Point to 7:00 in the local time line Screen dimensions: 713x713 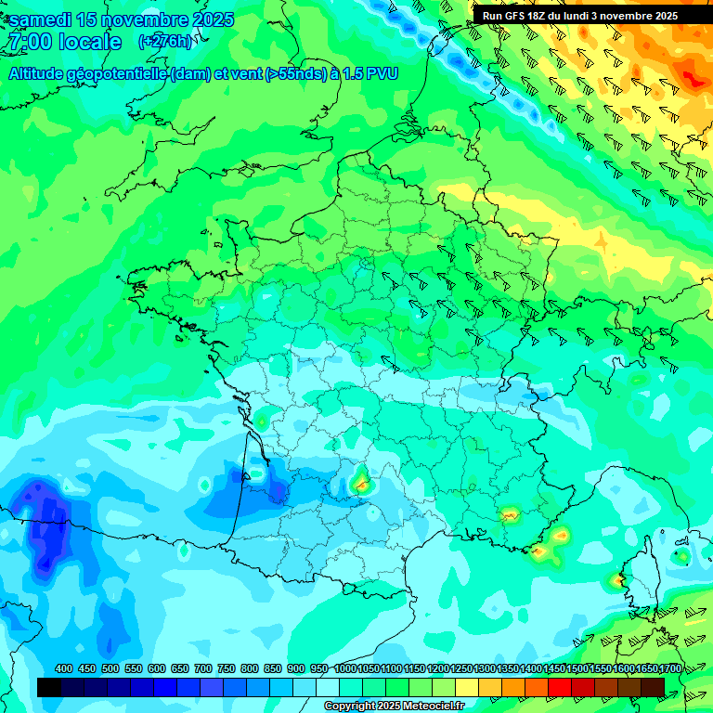point(30,43)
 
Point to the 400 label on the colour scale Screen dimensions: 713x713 point(64,668)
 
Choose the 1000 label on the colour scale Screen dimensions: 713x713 point(344,668)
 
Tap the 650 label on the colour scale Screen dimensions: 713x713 point(180,668)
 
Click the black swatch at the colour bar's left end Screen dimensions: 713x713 point(50,686)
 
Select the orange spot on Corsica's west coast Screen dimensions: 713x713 point(619,580)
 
